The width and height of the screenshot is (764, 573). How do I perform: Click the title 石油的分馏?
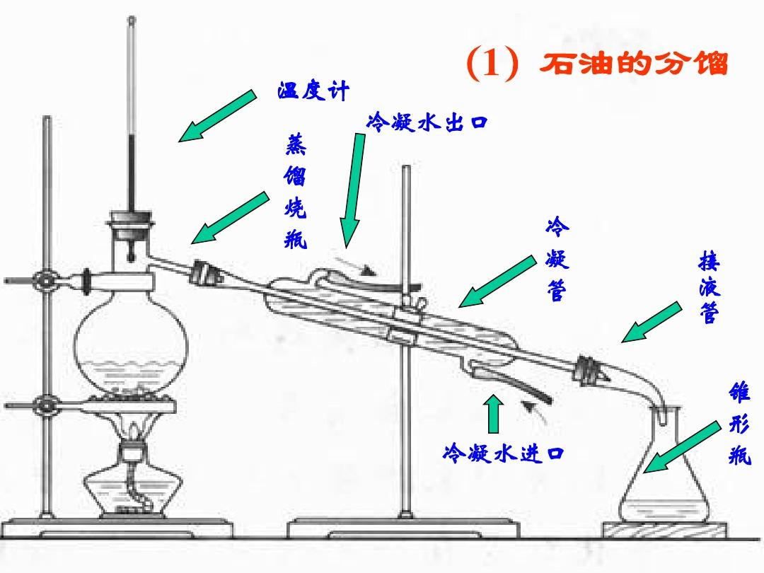(x=633, y=64)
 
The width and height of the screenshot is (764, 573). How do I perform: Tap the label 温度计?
(x=313, y=91)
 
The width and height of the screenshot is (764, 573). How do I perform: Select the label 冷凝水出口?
(x=427, y=122)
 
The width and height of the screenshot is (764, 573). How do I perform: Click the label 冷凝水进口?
(x=503, y=452)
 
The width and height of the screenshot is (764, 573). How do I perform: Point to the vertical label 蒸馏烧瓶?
(x=296, y=192)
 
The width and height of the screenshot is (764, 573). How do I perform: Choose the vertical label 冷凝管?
(x=557, y=260)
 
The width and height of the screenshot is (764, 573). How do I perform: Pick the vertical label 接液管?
(x=708, y=289)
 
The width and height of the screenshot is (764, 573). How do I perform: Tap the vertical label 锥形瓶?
(x=739, y=424)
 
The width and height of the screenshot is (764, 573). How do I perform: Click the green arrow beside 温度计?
(x=216, y=116)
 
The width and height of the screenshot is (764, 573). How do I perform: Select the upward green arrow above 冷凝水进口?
(x=494, y=413)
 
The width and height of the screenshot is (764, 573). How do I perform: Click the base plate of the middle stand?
(x=403, y=528)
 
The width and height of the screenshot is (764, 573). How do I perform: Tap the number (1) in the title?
(x=492, y=65)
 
